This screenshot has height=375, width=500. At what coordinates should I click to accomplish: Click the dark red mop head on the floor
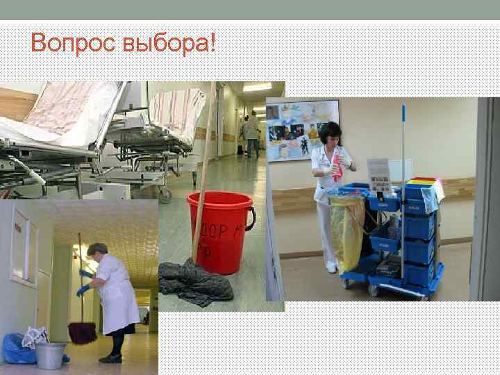[x=82, y=333]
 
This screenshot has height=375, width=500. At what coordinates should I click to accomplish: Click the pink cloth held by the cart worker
[x=337, y=167]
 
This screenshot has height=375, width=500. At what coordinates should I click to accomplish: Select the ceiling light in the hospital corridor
[x=257, y=87]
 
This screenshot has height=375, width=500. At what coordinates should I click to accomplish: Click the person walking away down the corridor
[x=251, y=135]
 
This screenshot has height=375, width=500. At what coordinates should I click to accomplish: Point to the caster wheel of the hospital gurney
[x=165, y=197]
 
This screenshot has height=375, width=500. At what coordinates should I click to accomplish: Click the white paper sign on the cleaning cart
[x=379, y=176]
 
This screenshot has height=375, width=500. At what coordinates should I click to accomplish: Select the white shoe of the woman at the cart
[x=332, y=267]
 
